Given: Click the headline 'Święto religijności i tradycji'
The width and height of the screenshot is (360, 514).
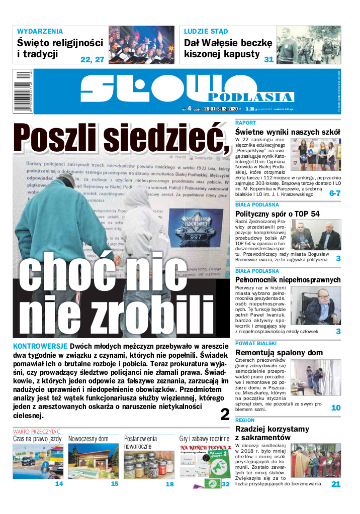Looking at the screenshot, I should coord(59,48).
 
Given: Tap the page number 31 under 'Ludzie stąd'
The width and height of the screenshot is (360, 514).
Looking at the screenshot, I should coord(268,59).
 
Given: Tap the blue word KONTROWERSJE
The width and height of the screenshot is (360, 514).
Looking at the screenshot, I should coord(40,347).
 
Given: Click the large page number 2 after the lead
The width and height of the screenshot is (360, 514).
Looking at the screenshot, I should coord(225,414).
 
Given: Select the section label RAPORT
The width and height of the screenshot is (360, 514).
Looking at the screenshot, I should coord(245,123).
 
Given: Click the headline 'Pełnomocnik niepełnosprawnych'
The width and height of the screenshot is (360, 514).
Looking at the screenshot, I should coord(288,280).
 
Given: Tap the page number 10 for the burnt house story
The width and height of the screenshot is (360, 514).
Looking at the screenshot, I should coord(335,408).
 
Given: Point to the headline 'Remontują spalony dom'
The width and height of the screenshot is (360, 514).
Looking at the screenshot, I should coord(279,353).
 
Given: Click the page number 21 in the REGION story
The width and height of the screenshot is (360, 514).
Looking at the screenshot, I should coord(335,484).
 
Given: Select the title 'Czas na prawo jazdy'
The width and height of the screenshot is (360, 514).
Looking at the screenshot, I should coord(38,439).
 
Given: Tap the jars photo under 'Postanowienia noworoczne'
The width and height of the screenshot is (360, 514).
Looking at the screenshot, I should coord(149,461).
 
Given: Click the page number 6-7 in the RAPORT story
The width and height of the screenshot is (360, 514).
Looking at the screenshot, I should coord(335,193).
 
